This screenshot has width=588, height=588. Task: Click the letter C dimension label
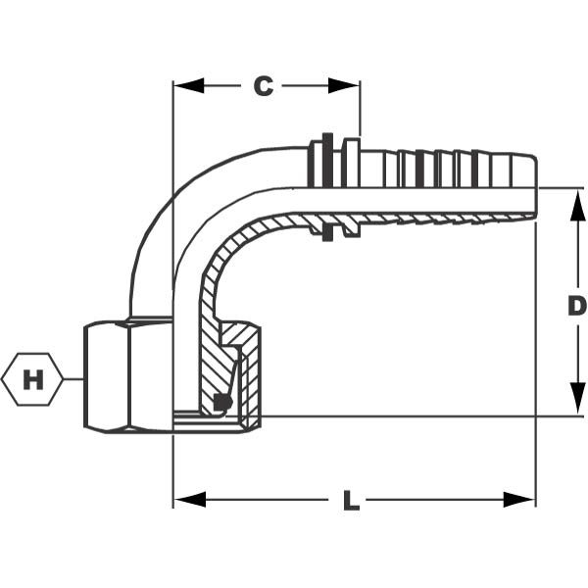(264, 86)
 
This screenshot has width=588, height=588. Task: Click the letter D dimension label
(577, 306)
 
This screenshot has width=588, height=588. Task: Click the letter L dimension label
(351, 501)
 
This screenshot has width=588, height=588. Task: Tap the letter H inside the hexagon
(33, 379)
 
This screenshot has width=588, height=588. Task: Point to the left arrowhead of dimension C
(188, 86)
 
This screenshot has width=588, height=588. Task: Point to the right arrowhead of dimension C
(344, 86)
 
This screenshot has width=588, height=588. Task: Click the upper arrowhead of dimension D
(577, 205)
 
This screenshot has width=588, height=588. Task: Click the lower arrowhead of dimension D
(577, 399)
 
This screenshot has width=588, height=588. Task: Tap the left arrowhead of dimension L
(190, 500)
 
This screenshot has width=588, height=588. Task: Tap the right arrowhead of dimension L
(519, 500)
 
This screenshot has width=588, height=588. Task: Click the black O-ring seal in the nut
(222, 403)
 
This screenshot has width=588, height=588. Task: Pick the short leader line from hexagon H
(73, 379)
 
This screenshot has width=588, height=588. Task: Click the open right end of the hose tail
(535, 186)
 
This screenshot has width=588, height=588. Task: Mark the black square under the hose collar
(327, 233)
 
